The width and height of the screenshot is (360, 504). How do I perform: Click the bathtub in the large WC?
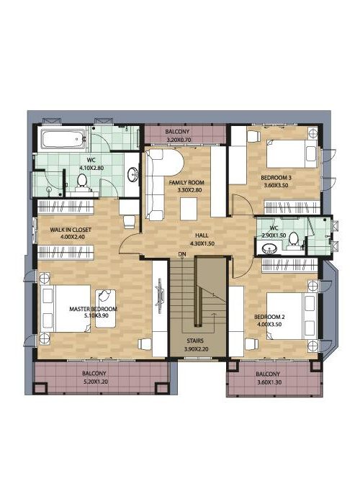click(63, 139)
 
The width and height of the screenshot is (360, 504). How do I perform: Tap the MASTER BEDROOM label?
click(93, 309)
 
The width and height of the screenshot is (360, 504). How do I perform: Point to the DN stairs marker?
click(182, 254)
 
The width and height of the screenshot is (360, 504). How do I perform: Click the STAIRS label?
click(195, 341)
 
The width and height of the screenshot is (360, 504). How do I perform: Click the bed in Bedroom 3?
click(292, 153)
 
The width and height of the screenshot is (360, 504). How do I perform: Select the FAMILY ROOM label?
click(186, 183)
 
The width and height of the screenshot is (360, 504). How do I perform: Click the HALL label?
click(202, 235)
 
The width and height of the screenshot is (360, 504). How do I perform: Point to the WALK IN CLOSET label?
click(71, 230)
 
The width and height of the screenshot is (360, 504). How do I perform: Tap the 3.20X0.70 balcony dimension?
click(179, 140)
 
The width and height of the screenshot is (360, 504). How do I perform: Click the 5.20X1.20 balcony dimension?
click(94, 382)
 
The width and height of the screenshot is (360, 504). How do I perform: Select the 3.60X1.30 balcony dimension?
click(269, 382)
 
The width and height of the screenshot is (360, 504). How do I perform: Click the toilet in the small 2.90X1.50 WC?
click(293, 240)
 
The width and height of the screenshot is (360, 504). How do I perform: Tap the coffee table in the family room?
click(189, 209)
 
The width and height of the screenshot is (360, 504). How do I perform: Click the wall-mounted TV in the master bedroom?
click(160, 296)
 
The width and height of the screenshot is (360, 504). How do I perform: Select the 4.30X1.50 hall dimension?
click(202, 243)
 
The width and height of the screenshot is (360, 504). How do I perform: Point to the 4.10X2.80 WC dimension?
click(91, 168)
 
